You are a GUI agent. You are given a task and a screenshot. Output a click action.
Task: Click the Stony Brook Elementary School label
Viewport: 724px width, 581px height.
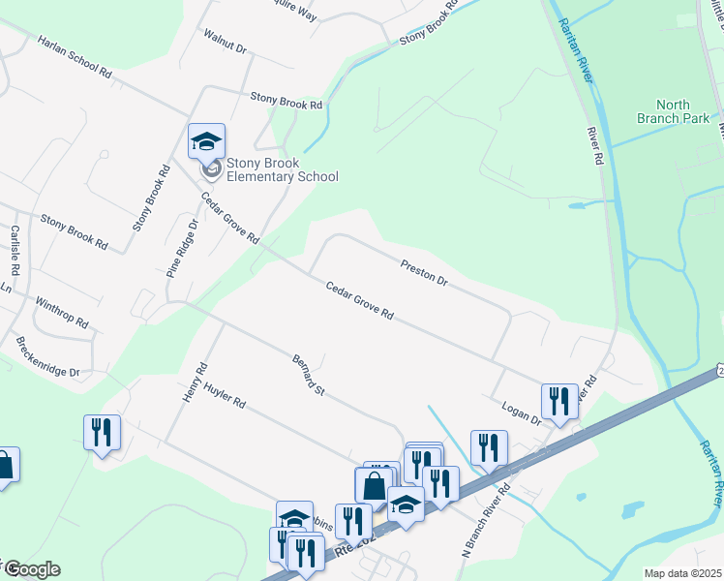pos(282,169)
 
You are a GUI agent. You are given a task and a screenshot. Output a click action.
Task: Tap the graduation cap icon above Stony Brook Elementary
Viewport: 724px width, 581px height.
pos(206,140)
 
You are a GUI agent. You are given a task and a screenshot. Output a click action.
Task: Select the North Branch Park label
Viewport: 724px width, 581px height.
pos(659,111)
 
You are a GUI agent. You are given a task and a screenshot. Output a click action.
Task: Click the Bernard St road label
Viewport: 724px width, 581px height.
pos(308,373)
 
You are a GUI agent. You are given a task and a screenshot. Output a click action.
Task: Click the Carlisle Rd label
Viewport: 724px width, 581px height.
pos(15,250)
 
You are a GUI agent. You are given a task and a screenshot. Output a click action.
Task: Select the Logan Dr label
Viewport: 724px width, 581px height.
pos(522,411)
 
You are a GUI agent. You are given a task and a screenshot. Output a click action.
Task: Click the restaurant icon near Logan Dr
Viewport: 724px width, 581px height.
pos(558,400)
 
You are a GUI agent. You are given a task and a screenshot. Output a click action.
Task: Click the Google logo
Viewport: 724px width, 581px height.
pos(31,569)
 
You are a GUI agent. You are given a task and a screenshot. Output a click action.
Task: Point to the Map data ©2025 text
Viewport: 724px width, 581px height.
pos(682,573)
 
